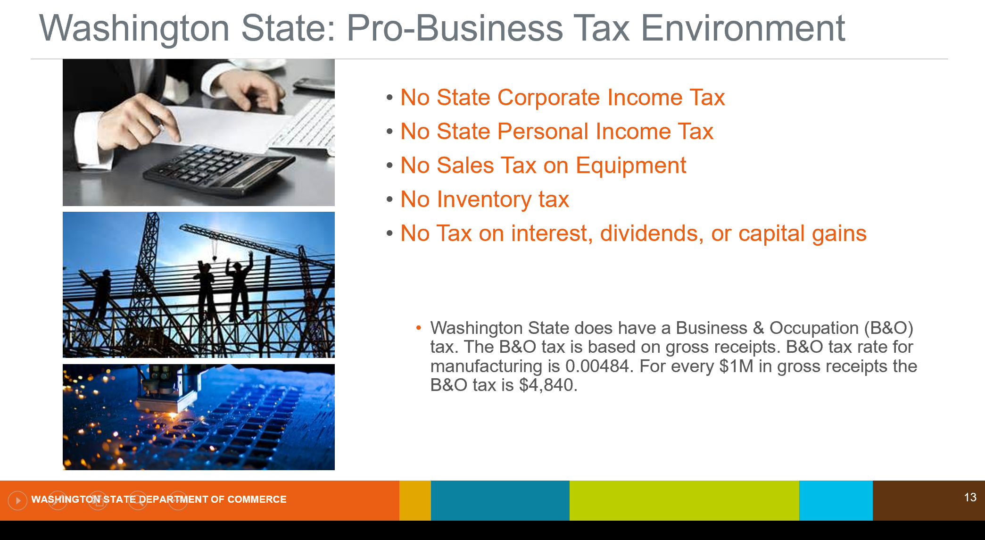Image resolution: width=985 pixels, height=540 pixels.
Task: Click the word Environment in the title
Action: tap(743, 28)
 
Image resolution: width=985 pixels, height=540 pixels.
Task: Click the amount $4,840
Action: tap(548, 385)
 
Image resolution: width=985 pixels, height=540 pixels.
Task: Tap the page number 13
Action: tap(970, 498)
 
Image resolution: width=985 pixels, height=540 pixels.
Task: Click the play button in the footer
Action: tap(18, 500)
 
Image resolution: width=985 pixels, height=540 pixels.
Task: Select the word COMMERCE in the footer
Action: tap(257, 499)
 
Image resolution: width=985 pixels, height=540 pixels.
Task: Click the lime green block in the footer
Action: tap(684, 500)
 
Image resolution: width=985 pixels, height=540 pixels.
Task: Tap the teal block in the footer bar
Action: tap(500, 500)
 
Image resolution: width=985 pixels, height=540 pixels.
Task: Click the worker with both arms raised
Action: tap(239, 288)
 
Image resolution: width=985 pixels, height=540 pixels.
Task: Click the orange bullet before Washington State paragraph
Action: tap(418, 327)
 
